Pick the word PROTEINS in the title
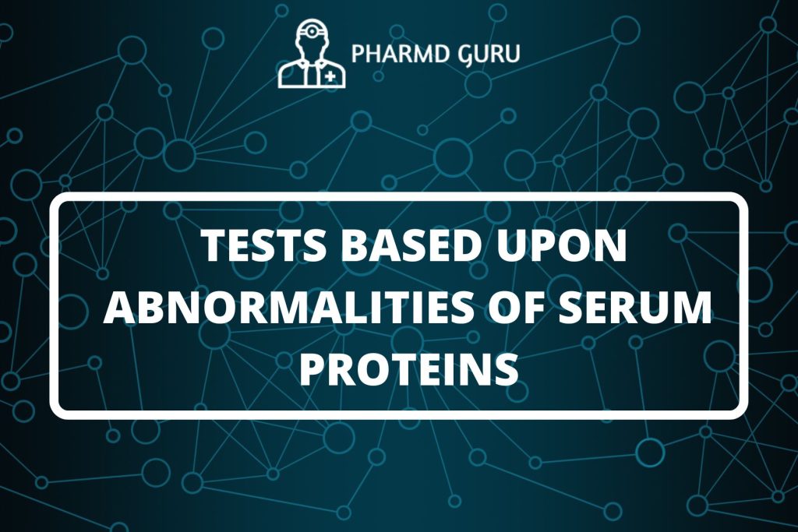pyautogui.click(x=409, y=368)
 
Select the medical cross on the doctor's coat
pyautogui.click(x=332, y=76)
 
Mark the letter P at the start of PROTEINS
pyautogui.click(x=313, y=368)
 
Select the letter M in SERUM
pyautogui.click(x=695, y=308)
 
